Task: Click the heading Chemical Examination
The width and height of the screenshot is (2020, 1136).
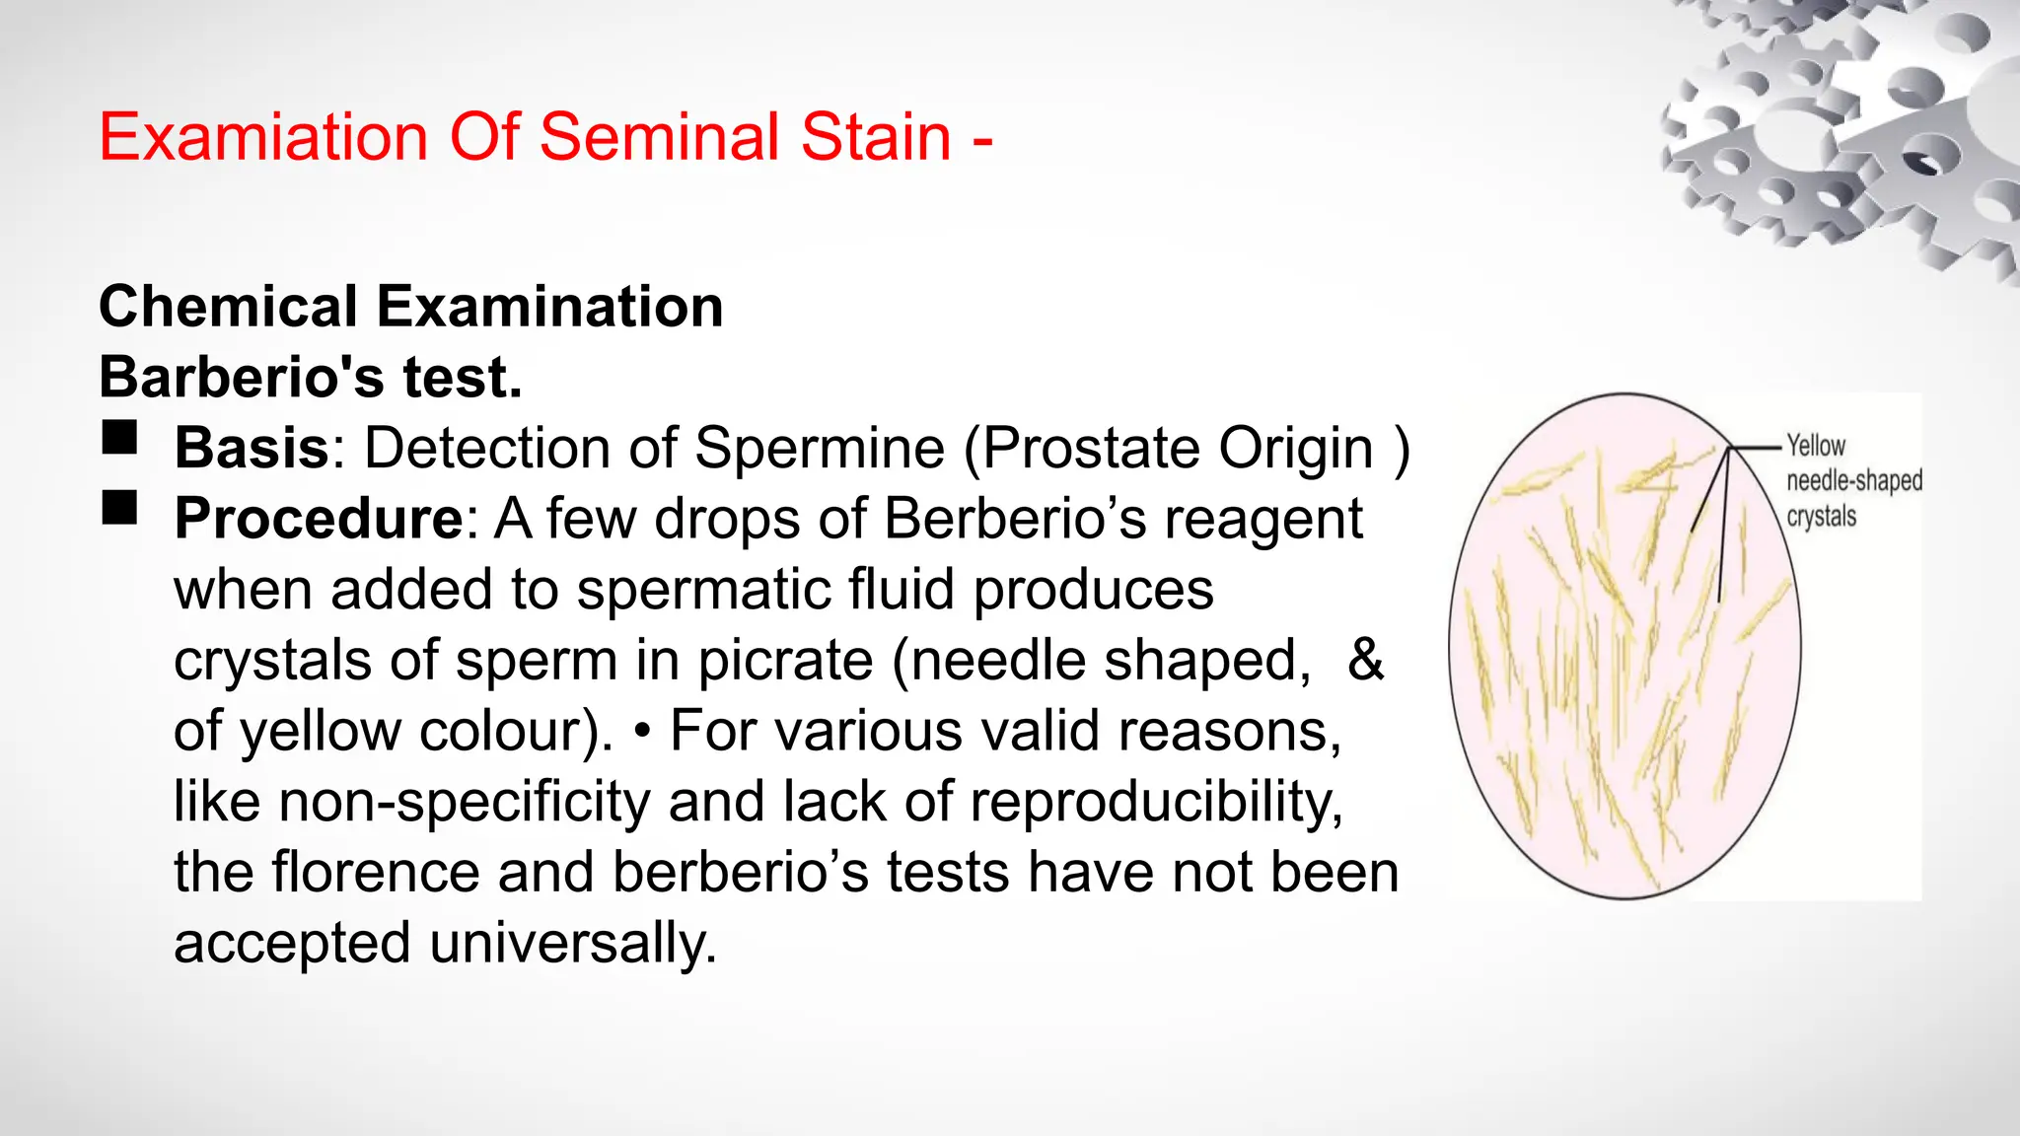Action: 411,306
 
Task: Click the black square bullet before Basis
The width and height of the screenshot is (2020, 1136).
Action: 120,437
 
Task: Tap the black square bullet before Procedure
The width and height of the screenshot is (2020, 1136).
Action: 120,508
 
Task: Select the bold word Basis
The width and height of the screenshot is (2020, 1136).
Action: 252,448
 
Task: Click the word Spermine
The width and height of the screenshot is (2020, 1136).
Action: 819,448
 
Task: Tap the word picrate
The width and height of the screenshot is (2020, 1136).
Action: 785,660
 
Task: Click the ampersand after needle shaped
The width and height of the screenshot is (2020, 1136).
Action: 1365,660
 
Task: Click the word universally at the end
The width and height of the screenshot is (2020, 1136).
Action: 572,943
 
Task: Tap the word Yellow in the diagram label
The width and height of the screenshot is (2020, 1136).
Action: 1816,446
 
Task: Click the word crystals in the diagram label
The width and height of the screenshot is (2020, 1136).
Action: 1822,517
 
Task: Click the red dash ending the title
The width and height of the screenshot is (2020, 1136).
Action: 982,138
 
